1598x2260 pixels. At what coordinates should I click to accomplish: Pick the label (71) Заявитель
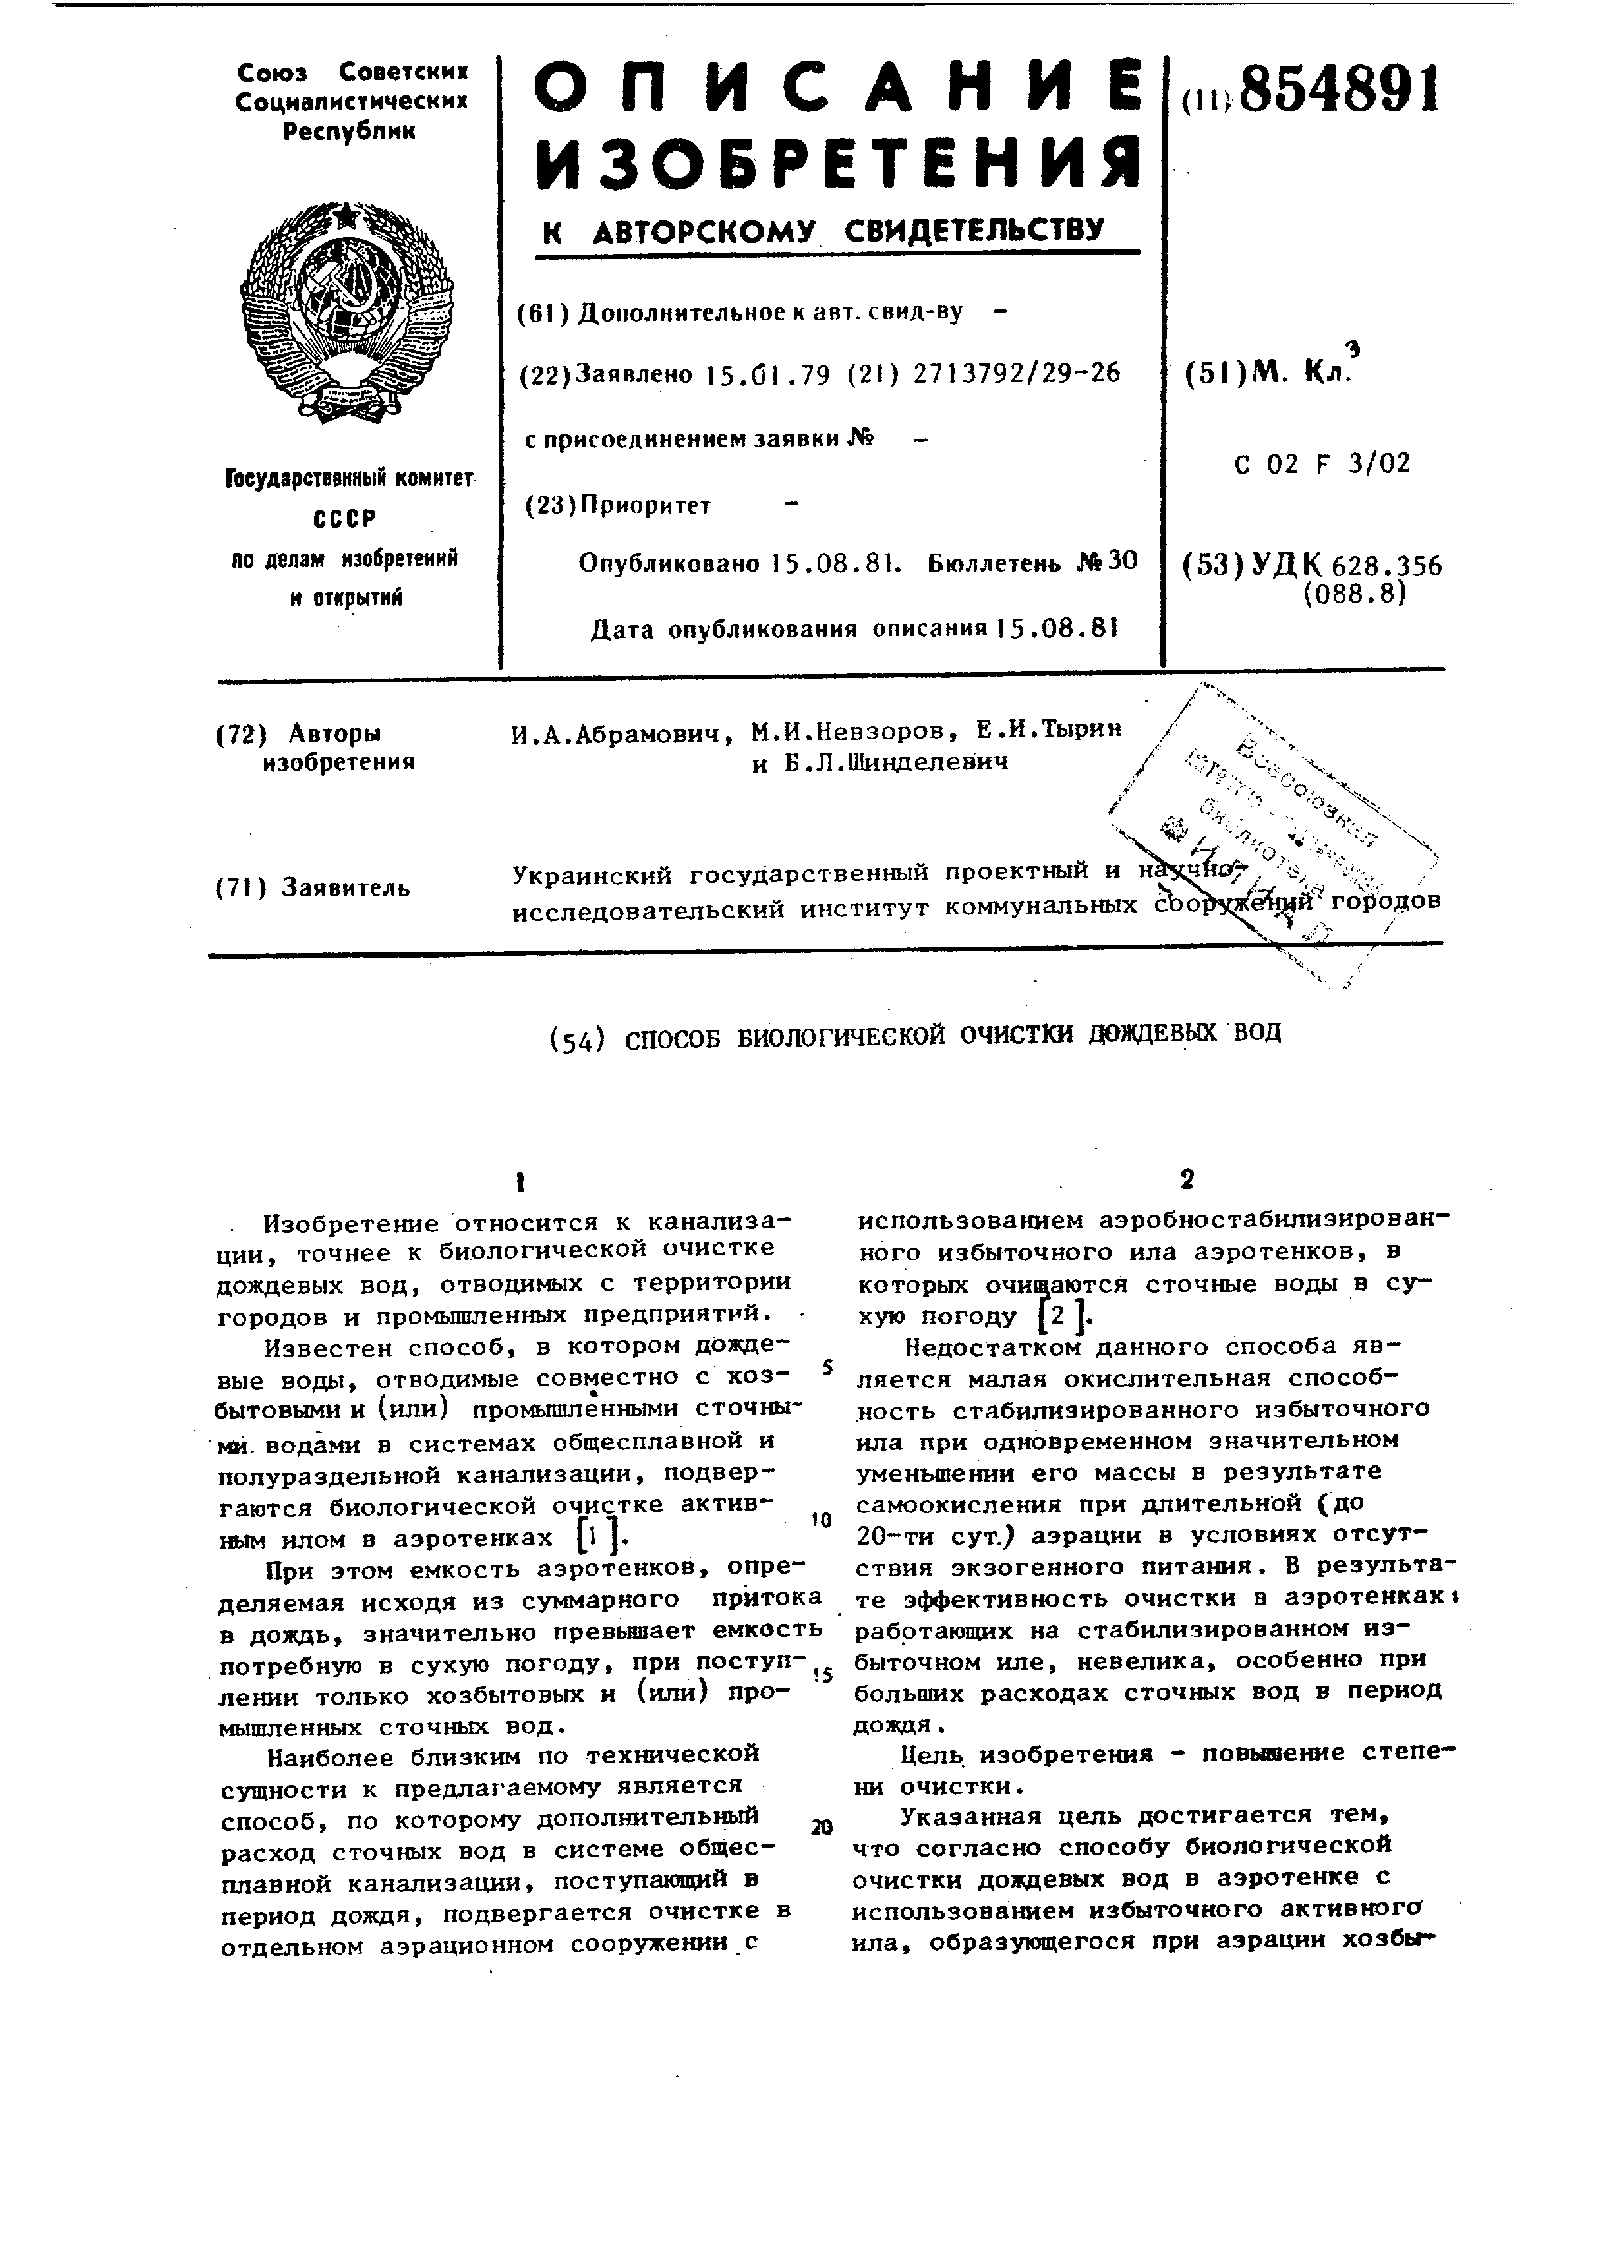pyautogui.click(x=313, y=888)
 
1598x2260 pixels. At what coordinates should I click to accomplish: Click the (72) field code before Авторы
pyautogui.click(x=241, y=734)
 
